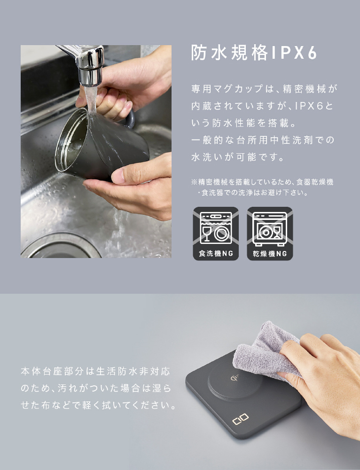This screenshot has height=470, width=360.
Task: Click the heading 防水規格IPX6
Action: tap(254, 53)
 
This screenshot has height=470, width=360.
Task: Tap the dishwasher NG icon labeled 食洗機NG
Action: tap(216, 234)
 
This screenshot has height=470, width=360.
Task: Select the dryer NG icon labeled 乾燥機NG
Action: tap(270, 234)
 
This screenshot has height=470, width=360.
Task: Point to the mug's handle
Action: tap(130, 119)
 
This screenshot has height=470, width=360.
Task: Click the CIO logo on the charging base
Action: tap(241, 419)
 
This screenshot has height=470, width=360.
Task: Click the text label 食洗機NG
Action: tap(216, 254)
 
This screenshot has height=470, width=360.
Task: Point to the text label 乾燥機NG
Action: tap(270, 254)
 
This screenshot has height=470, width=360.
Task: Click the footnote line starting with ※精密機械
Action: tap(262, 182)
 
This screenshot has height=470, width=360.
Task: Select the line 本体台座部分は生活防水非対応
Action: tap(95, 371)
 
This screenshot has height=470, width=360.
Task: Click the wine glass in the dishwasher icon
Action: tap(206, 233)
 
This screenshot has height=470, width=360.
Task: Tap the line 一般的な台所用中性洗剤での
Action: tap(263, 140)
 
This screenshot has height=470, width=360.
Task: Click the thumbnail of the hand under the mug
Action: tap(119, 176)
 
